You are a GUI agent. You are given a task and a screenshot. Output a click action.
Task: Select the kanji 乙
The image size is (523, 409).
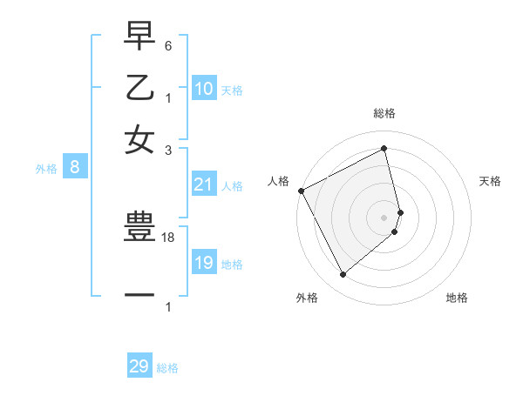pyautogui.click(x=139, y=88)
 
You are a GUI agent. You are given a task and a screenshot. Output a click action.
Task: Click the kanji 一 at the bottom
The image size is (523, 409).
pyautogui.click(x=139, y=295)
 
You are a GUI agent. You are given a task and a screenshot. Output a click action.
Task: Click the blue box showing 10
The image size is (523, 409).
pyautogui.click(x=204, y=89)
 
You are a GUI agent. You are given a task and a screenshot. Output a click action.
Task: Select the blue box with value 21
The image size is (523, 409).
pyautogui.click(x=204, y=184)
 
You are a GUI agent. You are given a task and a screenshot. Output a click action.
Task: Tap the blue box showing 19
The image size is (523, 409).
pyautogui.click(x=204, y=263)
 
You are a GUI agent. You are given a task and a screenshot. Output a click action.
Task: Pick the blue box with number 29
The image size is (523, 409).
pyautogui.click(x=139, y=366)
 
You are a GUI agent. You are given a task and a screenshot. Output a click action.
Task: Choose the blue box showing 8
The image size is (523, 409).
pyautogui.click(x=75, y=168)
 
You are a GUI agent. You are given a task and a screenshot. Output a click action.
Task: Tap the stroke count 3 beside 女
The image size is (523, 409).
pyautogui.click(x=168, y=151)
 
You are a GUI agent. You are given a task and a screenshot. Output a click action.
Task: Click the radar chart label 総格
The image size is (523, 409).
pyautogui.click(x=384, y=113)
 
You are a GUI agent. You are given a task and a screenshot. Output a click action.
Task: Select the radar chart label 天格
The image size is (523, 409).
pyautogui.click(x=490, y=181)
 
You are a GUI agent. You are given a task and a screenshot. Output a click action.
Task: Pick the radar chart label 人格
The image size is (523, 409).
pyautogui.click(x=279, y=181)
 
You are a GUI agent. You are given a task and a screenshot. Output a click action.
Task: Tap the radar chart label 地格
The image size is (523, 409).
pyautogui.click(x=457, y=298)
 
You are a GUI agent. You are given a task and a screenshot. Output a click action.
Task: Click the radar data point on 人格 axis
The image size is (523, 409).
pyautogui.click(x=301, y=191)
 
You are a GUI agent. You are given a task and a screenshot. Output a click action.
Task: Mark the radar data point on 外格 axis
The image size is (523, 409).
pyautogui.click(x=343, y=275)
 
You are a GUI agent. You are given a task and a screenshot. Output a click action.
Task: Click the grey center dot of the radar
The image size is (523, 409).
pyautogui.click(x=384, y=217)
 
